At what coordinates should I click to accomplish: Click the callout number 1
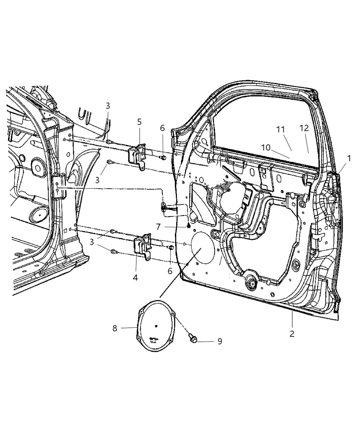pyautogui.click(x=349, y=158)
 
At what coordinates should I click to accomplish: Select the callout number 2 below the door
pyautogui.click(x=292, y=333)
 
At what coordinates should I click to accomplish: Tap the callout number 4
pyautogui.click(x=135, y=277)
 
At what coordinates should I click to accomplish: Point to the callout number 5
pyautogui.click(x=139, y=122)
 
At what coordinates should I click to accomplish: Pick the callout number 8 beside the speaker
pyautogui.click(x=115, y=328)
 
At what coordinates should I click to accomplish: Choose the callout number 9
pyautogui.click(x=220, y=341)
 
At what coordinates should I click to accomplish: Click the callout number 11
pyautogui.click(x=281, y=130)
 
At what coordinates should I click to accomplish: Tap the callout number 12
pyautogui.click(x=304, y=128)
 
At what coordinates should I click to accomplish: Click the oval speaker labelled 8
pyautogui.click(x=157, y=326)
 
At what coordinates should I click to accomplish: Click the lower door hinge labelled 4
pyautogui.click(x=143, y=245)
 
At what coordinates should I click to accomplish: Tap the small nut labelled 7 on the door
pyautogui.click(x=188, y=226)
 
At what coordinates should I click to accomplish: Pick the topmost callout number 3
pyautogui.click(x=108, y=105)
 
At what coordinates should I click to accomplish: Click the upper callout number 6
pyautogui.click(x=162, y=128)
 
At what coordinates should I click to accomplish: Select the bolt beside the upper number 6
pyautogui.click(x=163, y=157)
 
